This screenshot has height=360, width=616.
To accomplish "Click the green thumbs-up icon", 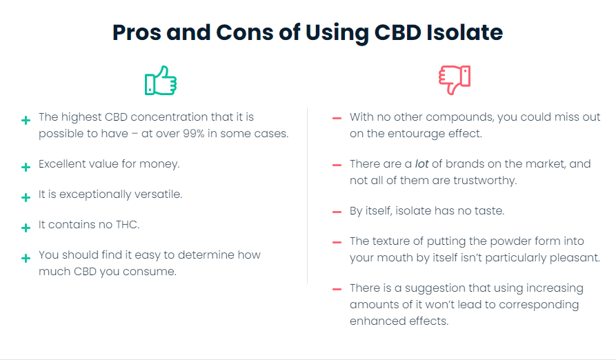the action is click(161, 81).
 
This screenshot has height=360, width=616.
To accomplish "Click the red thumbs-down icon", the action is click(455, 80).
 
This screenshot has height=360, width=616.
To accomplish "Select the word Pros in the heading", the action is click(137, 32).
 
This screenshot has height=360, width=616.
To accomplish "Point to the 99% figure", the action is click(194, 134).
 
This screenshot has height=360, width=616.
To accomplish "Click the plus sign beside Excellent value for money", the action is click(26, 167).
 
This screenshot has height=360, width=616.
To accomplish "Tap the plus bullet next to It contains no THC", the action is click(26, 228).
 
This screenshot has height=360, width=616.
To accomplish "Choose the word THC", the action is click(128, 225).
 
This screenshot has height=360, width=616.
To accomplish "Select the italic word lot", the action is click(421, 163).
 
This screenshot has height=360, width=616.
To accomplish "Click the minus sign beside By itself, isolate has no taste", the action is click(337, 212).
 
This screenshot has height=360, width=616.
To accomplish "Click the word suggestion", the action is click(436, 288).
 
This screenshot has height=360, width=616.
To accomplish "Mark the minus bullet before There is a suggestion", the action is click(337, 290).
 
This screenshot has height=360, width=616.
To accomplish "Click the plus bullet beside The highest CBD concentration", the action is click(26, 120).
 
